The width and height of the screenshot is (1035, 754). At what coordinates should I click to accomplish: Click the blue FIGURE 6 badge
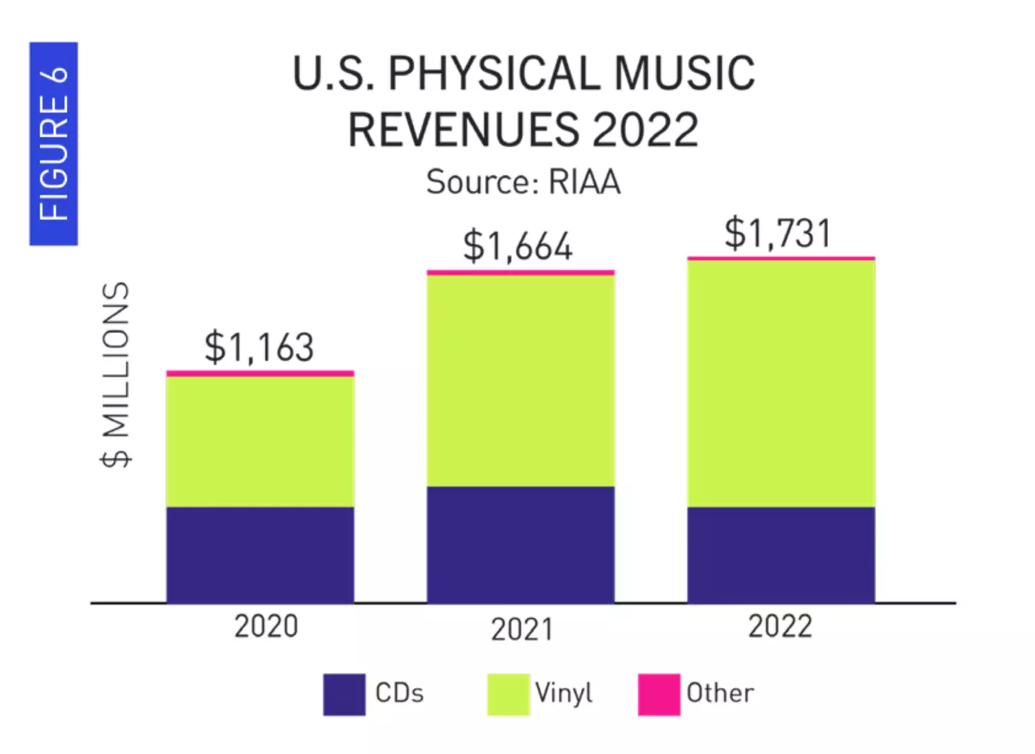click(x=53, y=144)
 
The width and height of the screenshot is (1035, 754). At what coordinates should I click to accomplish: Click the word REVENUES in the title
click(x=462, y=130)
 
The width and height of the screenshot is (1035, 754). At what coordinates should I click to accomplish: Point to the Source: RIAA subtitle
click(x=523, y=182)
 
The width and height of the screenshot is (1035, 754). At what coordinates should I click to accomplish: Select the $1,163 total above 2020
click(x=259, y=348)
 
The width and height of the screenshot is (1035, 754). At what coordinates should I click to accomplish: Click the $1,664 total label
click(x=517, y=246)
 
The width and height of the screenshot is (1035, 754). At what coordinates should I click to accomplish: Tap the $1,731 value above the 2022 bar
click(x=778, y=233)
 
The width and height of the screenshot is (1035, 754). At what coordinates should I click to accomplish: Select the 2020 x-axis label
click(x=265, y=626)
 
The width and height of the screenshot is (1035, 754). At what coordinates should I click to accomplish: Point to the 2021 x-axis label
click(x=522, y=630)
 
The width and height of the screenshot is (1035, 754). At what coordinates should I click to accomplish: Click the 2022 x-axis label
click(x=780, y=626)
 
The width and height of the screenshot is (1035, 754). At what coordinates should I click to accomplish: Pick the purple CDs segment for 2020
click(x=260, y=554)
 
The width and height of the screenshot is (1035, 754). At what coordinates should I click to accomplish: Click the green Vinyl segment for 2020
click(x=260, y=442)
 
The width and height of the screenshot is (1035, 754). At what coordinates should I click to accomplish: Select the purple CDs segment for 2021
click(x=520, y=544)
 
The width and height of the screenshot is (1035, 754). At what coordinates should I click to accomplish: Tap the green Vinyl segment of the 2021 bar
click(x=520, y=381)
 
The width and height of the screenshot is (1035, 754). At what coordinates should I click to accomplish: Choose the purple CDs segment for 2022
click(x=781, y=554)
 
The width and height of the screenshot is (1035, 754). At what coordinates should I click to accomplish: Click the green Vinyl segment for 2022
click(x=781, y=383)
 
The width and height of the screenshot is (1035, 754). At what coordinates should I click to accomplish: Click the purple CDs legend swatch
click(x=344, y=694)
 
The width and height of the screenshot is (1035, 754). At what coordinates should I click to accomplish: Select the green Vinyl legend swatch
click(x=508, y=694)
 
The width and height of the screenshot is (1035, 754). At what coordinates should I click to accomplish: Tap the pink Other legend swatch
click(x=658, y=694)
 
